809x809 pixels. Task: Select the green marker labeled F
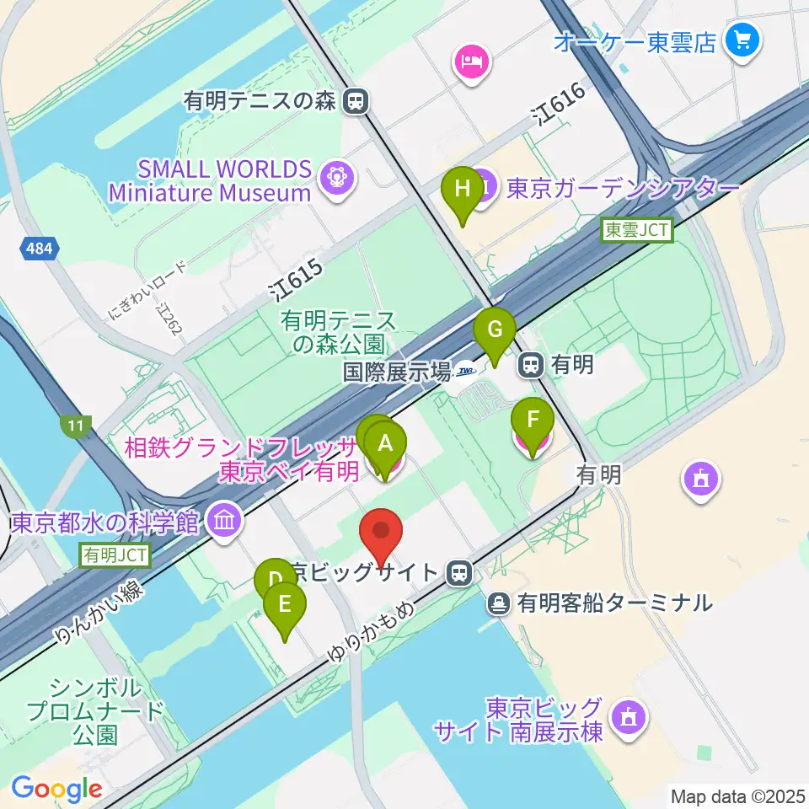(x=533, y=421)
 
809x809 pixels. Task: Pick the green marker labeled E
(x=284, y=605)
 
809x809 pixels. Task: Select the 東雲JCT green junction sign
(x=638, y=230)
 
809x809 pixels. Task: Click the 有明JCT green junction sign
(x=115, y=555)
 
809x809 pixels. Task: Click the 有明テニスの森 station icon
(x=357, y=102)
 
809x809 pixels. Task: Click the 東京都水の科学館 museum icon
(x=224, y=519)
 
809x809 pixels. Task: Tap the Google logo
(x=56, y=790)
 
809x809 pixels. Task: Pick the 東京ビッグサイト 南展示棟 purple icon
(x=626, y=717)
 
